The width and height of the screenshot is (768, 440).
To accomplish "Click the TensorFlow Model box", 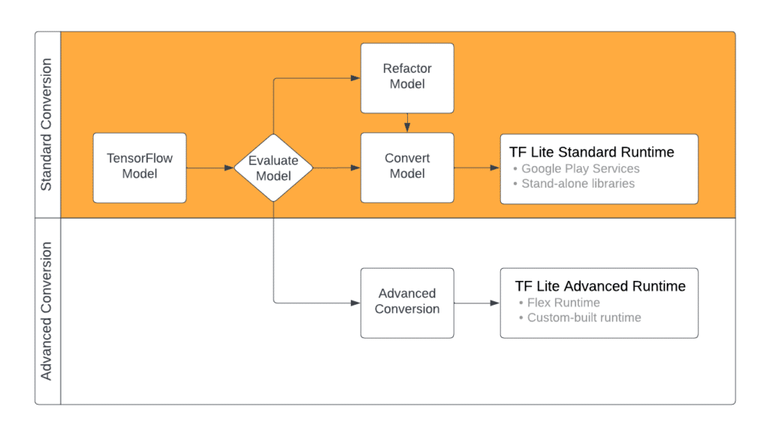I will pos(139,167).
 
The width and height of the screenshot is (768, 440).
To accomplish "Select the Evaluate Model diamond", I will pos(273,168).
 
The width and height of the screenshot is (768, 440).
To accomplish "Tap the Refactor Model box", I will pos(407,77).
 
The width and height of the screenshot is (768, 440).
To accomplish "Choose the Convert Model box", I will pos(407,167).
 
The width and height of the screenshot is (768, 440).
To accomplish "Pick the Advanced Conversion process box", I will pos(407,303).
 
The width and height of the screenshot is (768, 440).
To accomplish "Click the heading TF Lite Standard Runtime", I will pos(591,152).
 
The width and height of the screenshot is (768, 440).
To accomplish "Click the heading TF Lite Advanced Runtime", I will pos(600,286).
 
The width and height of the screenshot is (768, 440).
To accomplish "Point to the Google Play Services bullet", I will pos(580,169).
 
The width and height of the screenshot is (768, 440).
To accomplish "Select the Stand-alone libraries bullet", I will pos(577,184).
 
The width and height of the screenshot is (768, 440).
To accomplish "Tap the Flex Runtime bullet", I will pos(562,303).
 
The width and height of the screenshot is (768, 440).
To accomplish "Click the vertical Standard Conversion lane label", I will pos(47,125).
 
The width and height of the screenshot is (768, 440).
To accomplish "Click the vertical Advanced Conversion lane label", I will pos(47,311).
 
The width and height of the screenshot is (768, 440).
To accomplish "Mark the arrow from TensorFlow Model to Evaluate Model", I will pos(210,168).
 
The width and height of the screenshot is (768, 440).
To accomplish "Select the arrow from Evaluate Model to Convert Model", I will pos(337,168).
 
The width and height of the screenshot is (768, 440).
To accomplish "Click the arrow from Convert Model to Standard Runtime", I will pos(477,168).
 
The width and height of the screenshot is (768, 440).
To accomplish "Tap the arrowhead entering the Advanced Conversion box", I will pos(355,303).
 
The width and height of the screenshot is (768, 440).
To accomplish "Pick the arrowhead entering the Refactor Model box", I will pos(355,78).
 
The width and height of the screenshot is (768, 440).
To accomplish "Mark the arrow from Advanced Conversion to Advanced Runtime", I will pos(477,303).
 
